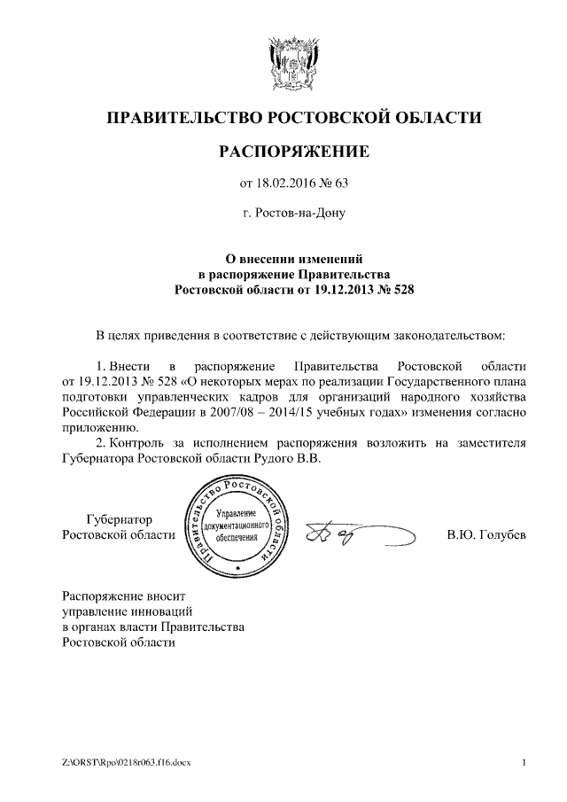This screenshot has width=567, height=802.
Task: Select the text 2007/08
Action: [x=233, y=412]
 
